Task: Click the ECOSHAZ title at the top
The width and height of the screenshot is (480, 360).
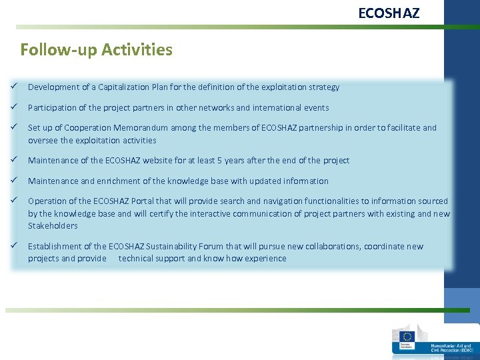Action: pos(389,13)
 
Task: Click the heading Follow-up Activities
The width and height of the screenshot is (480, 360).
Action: pos(96,50)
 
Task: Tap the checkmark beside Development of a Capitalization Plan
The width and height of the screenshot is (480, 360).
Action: pos(13,87)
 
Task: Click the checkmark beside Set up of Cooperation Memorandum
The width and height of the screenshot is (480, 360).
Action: pos(13,127)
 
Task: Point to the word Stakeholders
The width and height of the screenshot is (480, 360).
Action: pos(53,226)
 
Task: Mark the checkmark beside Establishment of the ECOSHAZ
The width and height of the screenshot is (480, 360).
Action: pos(13,246)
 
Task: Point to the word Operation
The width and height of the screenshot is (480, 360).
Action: pos(47,201)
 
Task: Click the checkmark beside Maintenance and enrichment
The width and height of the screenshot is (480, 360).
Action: pos(13,181)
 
